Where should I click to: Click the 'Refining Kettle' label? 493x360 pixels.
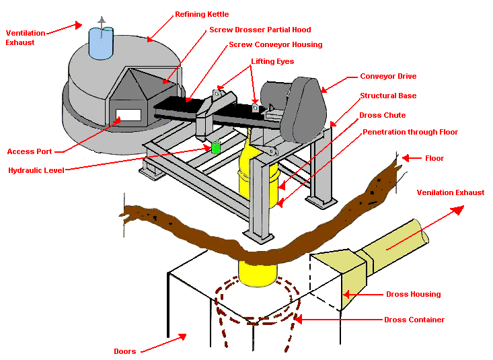202,14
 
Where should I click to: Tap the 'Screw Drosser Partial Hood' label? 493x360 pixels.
260,30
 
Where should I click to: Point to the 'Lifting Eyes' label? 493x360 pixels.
272,62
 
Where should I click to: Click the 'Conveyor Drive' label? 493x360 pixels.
388,77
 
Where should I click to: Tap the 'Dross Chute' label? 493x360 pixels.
382,115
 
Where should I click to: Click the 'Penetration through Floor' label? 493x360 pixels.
410,133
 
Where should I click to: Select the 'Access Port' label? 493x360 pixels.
30,151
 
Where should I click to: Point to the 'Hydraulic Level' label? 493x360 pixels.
36,171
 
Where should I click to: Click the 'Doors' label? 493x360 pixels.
124,351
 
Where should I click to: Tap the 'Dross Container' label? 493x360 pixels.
414,320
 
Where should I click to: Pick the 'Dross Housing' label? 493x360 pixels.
413,295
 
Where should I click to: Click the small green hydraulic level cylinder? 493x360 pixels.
216,147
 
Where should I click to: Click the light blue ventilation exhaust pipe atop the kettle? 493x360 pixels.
102,42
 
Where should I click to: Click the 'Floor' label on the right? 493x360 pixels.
434,159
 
